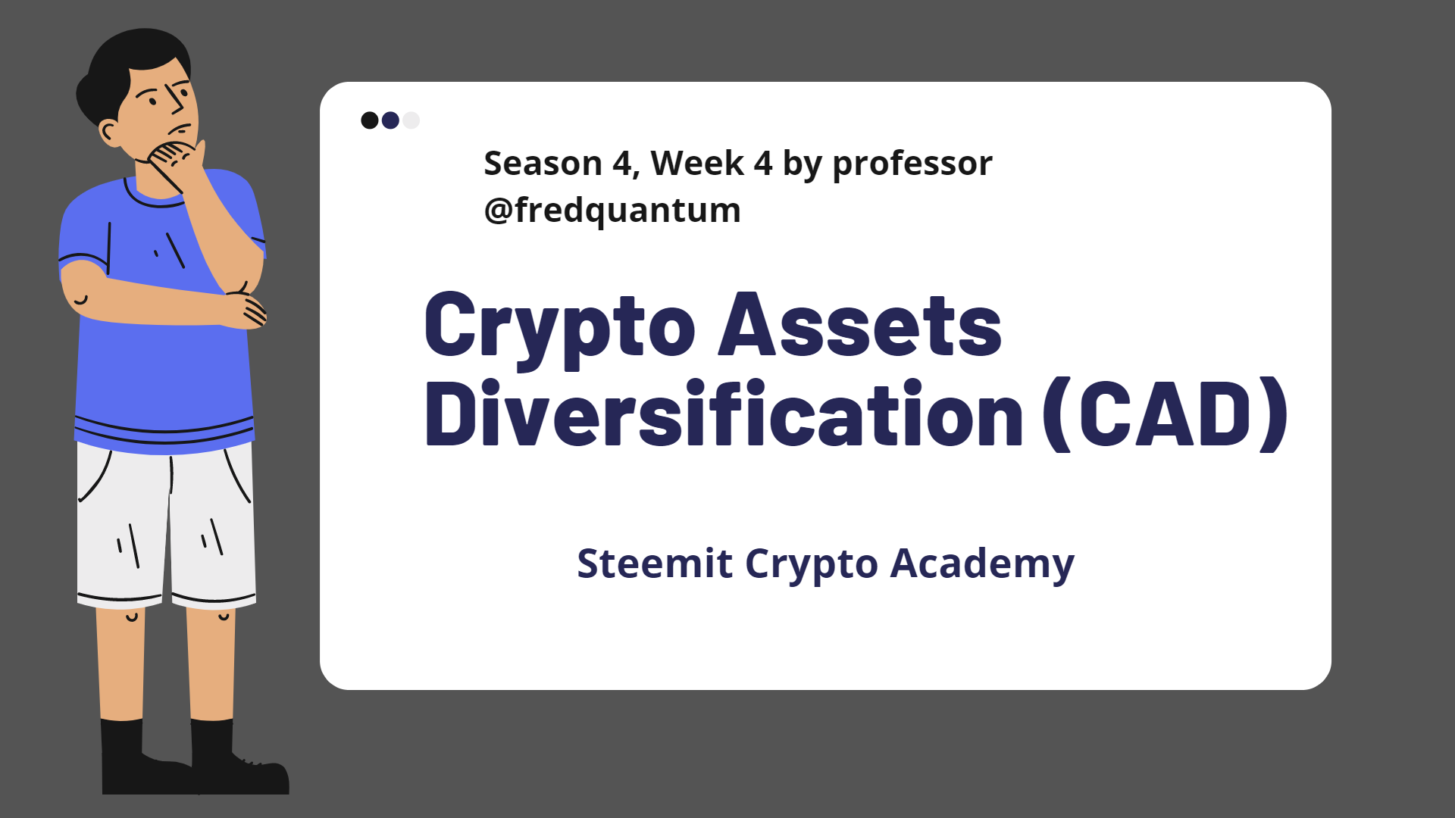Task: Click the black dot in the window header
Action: coord(370,120)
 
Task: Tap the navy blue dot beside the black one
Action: coord(390,120)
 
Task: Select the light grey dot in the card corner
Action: coord(411,120)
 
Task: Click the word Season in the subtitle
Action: coord(543,164)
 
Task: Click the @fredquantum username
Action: coord(612,211)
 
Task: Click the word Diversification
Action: coord(724,414)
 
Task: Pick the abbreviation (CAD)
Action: coord(1165,414)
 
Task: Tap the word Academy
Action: coord(982,565)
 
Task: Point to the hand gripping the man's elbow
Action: coord(246,307)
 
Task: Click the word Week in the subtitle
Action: coord(697,164)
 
